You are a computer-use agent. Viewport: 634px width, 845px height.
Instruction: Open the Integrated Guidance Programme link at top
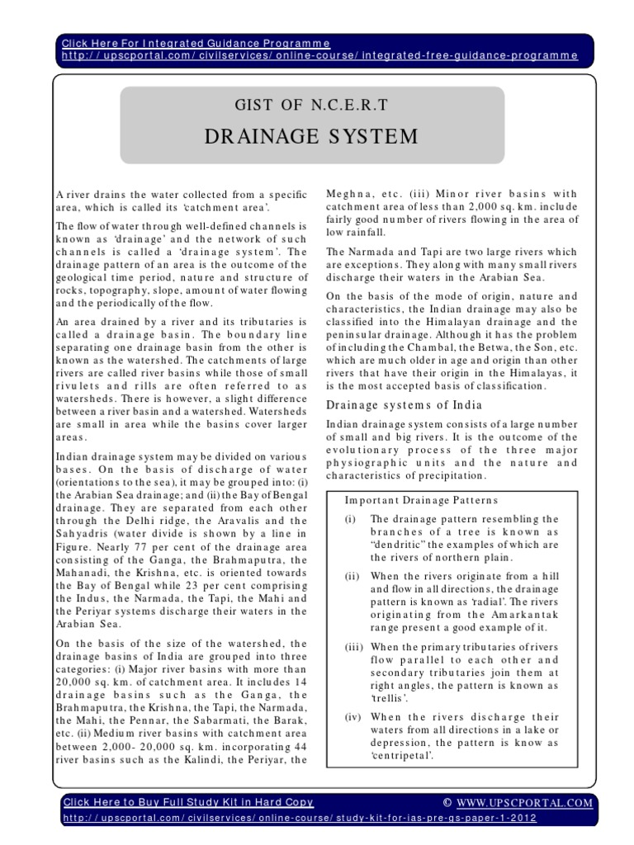pos(196,42)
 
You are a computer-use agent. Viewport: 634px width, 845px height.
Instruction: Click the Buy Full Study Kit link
pos(188,801)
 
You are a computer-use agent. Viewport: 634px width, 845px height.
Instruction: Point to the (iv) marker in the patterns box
pos(352,719)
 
